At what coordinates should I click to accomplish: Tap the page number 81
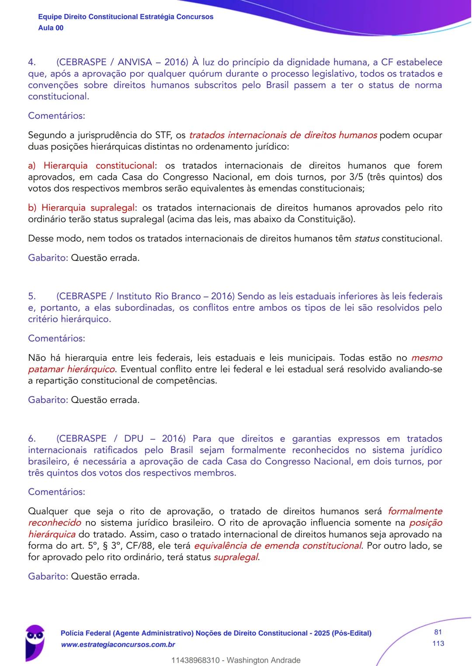(438, 632)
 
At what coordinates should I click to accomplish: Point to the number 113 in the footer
(438, 643)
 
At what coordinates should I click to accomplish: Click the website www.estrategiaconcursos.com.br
(118, 645)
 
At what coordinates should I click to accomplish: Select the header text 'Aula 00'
(51, 28)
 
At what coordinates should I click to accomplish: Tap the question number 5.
(32, 296)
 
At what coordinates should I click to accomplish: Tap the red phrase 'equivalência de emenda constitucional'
(278, 545)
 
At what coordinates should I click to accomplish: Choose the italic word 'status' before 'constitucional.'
(366, 238)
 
